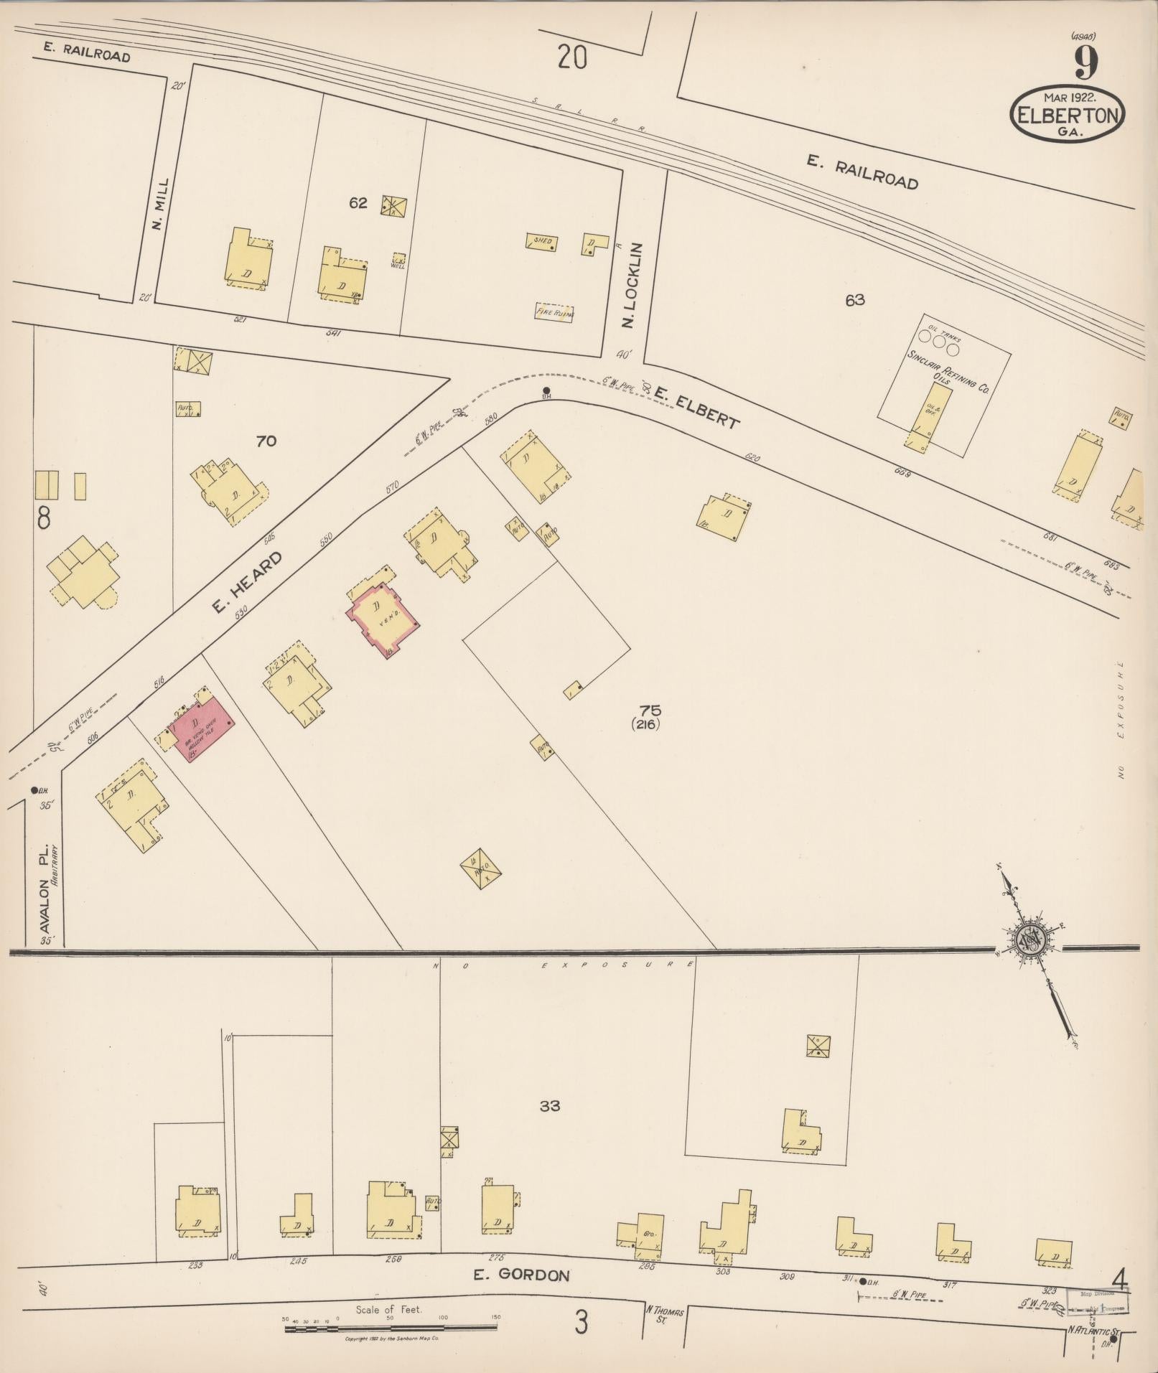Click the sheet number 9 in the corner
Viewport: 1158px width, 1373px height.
click(x=1086, y=63)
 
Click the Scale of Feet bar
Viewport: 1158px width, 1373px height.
click(x=391, y=1329)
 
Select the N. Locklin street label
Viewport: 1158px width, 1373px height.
click(x=631, y=286)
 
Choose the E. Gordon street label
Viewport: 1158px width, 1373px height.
click(x=521, y=1275)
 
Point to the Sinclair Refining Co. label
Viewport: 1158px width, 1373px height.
click(x=947, y=372)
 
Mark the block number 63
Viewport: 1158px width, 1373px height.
click(x=854, y=300)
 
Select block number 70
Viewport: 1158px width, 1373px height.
click(x=266, y=441)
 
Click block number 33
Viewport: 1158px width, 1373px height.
click(x=549, y=1106)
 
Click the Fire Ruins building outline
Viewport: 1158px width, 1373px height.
click(x=554, y=313)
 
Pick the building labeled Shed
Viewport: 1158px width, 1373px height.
click(x=543, y=242)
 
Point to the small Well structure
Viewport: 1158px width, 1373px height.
click(x=398, y=261)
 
